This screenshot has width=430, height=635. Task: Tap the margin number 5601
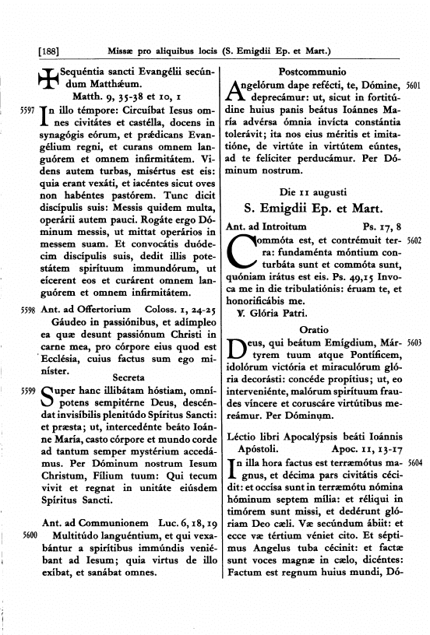point(414,87)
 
